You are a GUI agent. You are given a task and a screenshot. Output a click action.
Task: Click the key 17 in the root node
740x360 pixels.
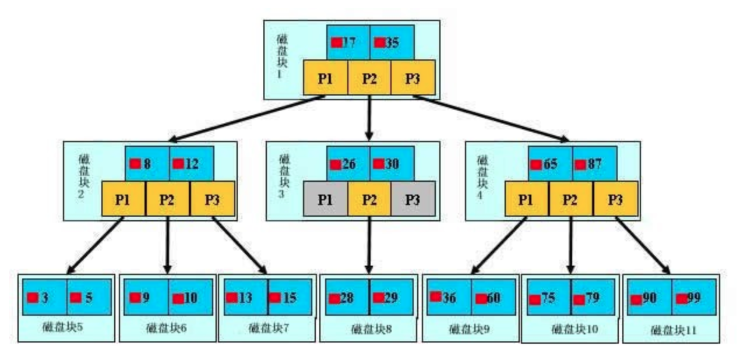pyautogui.click(x=348, y=43)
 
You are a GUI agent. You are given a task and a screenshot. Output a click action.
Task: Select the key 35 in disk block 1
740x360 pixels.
pyautogui.click(x=392, y=43)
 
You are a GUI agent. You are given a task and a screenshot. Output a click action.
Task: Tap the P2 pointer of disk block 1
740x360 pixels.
pyautogui.click(x=369, y=79)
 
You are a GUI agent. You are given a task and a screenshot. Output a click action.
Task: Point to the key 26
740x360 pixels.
pyautogui.click(x=348, y=164)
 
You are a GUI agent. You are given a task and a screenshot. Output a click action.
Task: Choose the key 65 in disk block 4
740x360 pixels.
pyautogui.click(x=550, y=164)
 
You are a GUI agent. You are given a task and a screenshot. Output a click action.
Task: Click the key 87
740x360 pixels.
pyautogui.click(x=594, y=164)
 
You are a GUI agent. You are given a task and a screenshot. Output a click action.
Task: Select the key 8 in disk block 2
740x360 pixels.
pyautogui.click(x=147, y=164)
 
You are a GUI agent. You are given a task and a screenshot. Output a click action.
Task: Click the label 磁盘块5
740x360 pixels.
pyautogui.click(x=62, y=326)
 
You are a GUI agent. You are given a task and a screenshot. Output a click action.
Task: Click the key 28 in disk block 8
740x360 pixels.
pyautogui.click(x=347, y=298)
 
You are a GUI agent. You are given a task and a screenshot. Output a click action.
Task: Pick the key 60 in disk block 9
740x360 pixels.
pyautogui.click(x=493, y=298)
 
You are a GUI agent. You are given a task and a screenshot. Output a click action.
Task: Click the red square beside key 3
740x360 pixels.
pyautogui.click(x=33, y=297)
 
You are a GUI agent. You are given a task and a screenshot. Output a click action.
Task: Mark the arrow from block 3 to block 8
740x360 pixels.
pyautogui.click(x=369, y=245)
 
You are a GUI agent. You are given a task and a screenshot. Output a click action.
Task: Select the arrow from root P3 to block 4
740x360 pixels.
pyautogui.click(x=492, y=118)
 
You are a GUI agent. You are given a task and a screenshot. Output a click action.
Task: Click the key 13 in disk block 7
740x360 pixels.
pyautogui.click(x=245, y=298)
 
